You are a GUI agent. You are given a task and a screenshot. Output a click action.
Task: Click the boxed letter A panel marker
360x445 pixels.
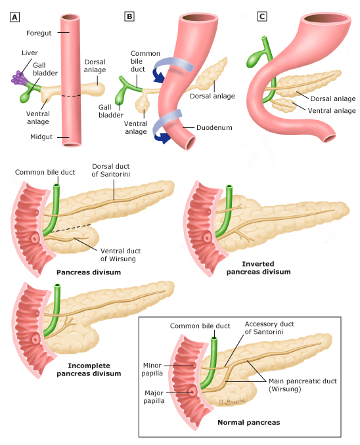pos(14,16)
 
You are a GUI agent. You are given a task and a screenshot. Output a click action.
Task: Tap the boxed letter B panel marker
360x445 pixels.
pos(129,16)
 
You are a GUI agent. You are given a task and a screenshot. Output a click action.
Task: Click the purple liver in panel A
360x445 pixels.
pos(18,77)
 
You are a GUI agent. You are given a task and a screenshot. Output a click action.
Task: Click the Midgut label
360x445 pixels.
pos(39,138)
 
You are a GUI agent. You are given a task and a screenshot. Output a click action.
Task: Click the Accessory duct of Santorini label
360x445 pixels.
pos(268,328)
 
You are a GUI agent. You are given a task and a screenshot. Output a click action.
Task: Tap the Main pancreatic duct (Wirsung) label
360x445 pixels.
pos(299,385)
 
